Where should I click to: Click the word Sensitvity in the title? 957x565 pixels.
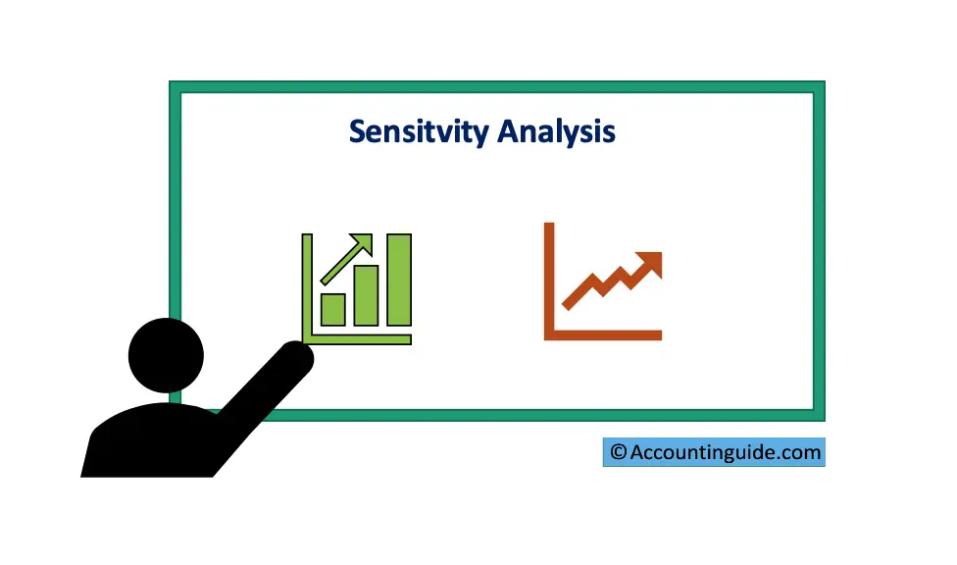click(420, 132)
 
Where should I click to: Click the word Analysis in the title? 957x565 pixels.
click(556, 132)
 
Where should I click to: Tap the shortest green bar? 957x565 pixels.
click(333, 309)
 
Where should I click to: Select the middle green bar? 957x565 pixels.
click(366, 295)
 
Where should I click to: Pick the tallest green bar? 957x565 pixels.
click(399, 280)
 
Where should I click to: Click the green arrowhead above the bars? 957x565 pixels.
click(363, 242)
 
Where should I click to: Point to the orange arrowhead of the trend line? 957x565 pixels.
click(649, 263)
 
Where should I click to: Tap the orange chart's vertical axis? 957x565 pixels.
click(549, 281)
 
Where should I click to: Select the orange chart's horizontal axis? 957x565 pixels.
click(603, 335)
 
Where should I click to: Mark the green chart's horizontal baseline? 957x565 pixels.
click(357, 339)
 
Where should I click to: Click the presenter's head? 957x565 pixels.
click(166, 355)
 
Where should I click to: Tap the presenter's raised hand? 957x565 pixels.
click(296, 357)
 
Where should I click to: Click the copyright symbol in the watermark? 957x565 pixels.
click(619, 452)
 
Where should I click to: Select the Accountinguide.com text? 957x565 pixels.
click(725, 452)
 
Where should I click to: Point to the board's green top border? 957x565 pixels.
click(497, 86)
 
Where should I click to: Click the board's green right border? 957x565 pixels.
click(819, 251)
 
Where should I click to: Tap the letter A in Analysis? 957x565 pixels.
click(509, 130)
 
